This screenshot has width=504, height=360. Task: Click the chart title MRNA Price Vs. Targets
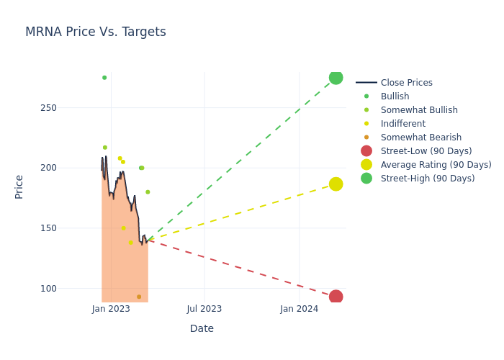(x=96, y=32)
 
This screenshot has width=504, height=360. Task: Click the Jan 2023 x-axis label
(x=111, y=309)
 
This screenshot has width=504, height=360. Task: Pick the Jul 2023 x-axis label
(x=204, y=309)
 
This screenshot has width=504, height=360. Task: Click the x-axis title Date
(x=202, y=329)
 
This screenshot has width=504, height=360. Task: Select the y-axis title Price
(x=19, y=186)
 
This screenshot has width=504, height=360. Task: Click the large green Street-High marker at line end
(x=336, y=78)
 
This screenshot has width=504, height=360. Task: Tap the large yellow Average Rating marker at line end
(x=336, y=184)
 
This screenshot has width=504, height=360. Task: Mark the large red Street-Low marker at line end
(x=336, y=297)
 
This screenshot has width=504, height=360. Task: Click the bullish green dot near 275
(x=104, y=78)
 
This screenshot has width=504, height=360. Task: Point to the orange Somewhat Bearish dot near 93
(x=139, y=297)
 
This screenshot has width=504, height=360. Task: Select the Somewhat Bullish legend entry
(x=419, y=110)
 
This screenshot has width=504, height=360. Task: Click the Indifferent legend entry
(x=402, y=124)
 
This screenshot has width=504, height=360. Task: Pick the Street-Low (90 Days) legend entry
(x=426, y=151)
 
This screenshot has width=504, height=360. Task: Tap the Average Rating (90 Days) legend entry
(x=436, y=165)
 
